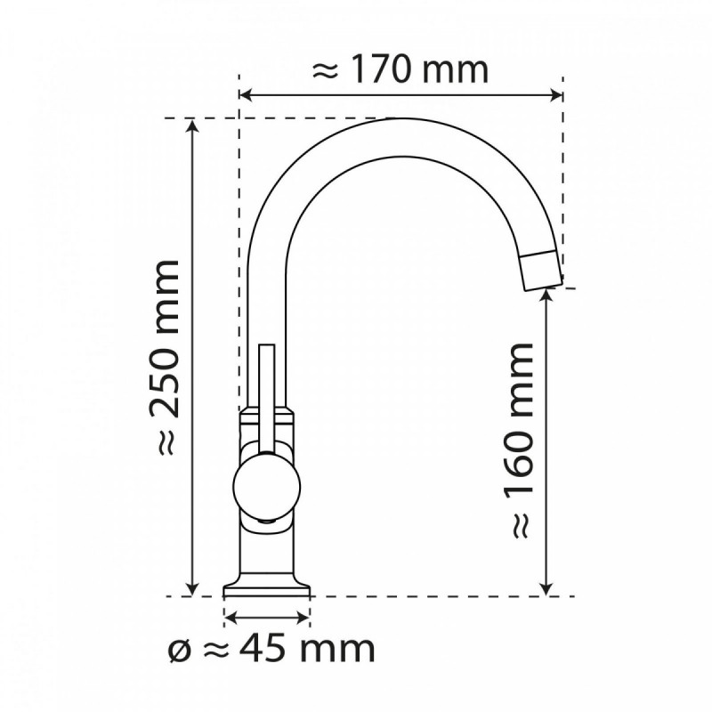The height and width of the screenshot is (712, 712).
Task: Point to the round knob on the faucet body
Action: click(266, 484)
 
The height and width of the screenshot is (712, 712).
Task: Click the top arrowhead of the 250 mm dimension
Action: click(192, 125)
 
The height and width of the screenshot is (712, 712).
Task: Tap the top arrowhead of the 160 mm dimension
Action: click(547, 295)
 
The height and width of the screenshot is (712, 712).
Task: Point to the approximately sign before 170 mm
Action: click(327, 71)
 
